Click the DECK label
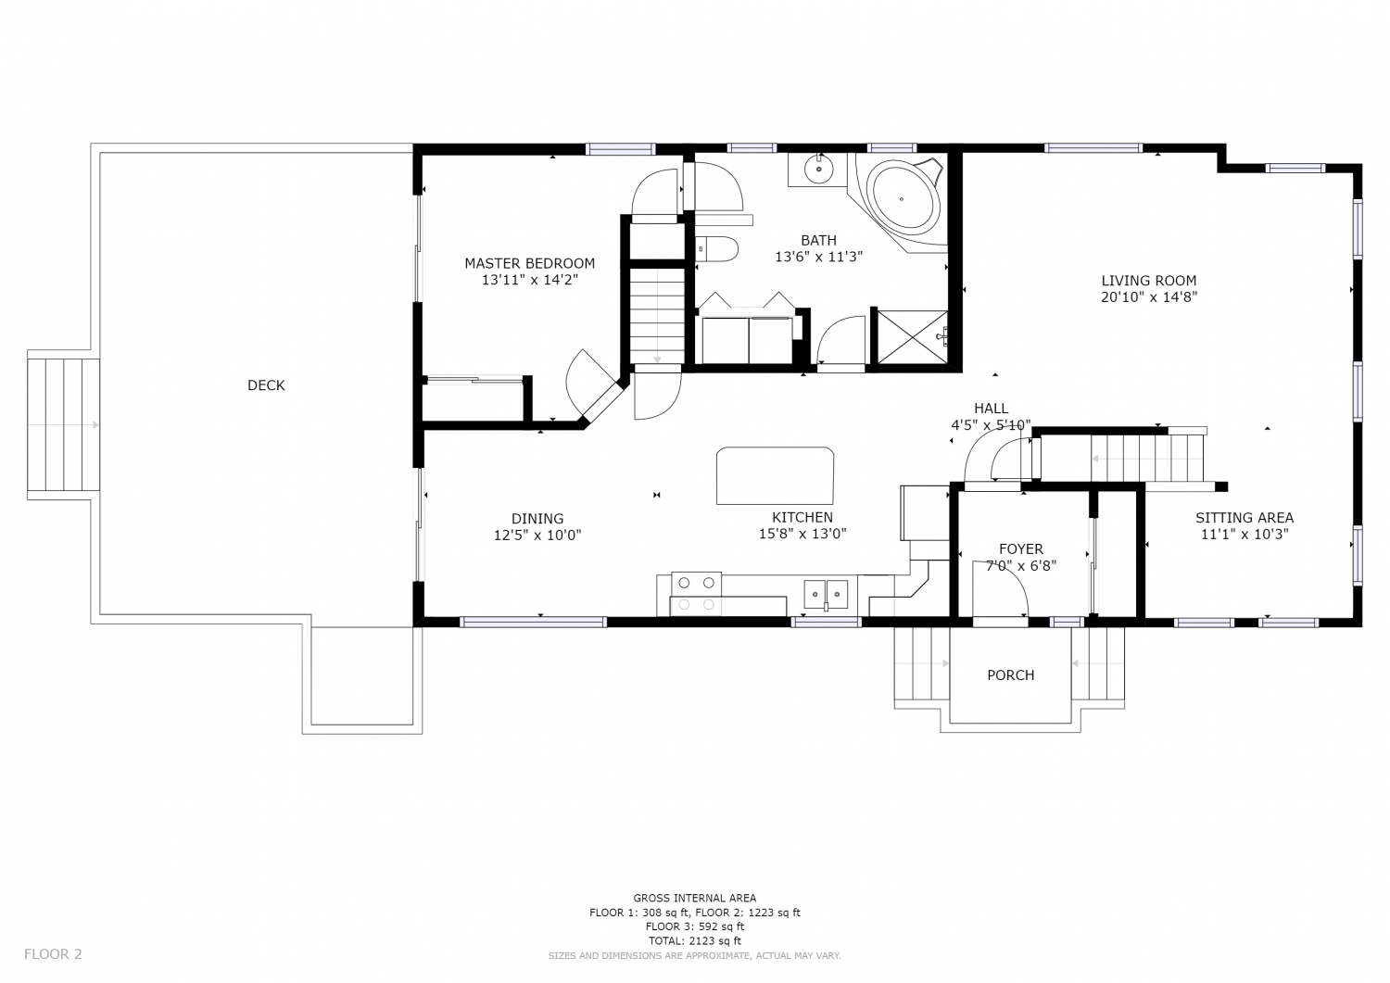click(266, 385)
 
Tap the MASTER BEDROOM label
click(530, 263)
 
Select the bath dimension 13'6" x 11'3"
click(818, 257)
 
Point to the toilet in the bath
click(716, 249)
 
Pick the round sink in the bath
click(818, 169)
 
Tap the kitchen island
click(775, 475)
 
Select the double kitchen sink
click(826, 594)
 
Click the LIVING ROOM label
click(1149, 281)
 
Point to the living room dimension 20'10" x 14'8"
click(1149, 297)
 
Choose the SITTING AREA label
click(1245, 518)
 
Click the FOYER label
click(1021, 549)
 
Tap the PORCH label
click(1010, 675)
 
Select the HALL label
click(991, 409)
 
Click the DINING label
click(537, 519)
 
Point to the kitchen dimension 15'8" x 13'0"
click(802, 534)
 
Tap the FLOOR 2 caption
click(53, 954)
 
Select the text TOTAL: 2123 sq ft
click(694, 940)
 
